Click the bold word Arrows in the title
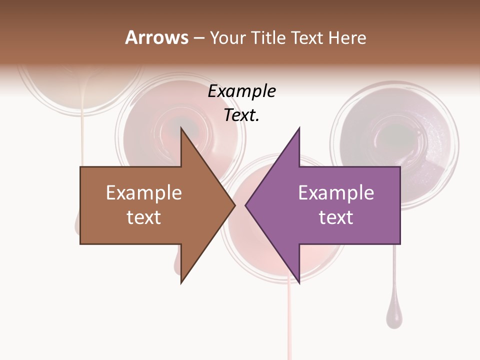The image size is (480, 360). tap(156, 37)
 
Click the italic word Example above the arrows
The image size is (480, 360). tap(241, 91)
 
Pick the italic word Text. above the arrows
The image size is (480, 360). tap(241, 115)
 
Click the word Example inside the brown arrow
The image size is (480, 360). tap(144, 192)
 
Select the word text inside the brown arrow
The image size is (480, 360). tap(144, 217)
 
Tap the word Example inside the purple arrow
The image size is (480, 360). tap(336, 192)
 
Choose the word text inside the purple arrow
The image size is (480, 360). tap(336, 217)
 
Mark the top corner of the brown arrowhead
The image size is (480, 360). tap(181, 128)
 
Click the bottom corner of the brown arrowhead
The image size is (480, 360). tap(181, 282)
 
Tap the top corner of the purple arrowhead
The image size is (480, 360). tap(299, 128)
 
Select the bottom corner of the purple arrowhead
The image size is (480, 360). tap(299, 282)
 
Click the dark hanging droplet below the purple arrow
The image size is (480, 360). tap(394, 317)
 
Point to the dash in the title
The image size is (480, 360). tap(198, 38)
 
